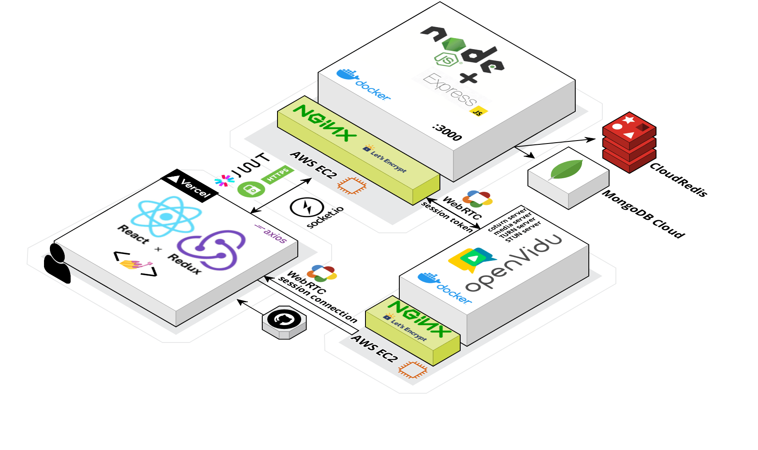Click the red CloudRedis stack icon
coord(629,143)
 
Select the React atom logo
coord(165,216)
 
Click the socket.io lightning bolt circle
coord(307,207)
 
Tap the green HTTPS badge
coord(277,175)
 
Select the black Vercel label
coord(190,186)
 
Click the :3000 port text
coord(447,132)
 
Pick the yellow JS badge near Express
coord(478,112)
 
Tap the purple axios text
coord(271,233)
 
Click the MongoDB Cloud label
coord(643,214)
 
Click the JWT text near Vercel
coord(252,164)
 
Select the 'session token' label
coord(447,217)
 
